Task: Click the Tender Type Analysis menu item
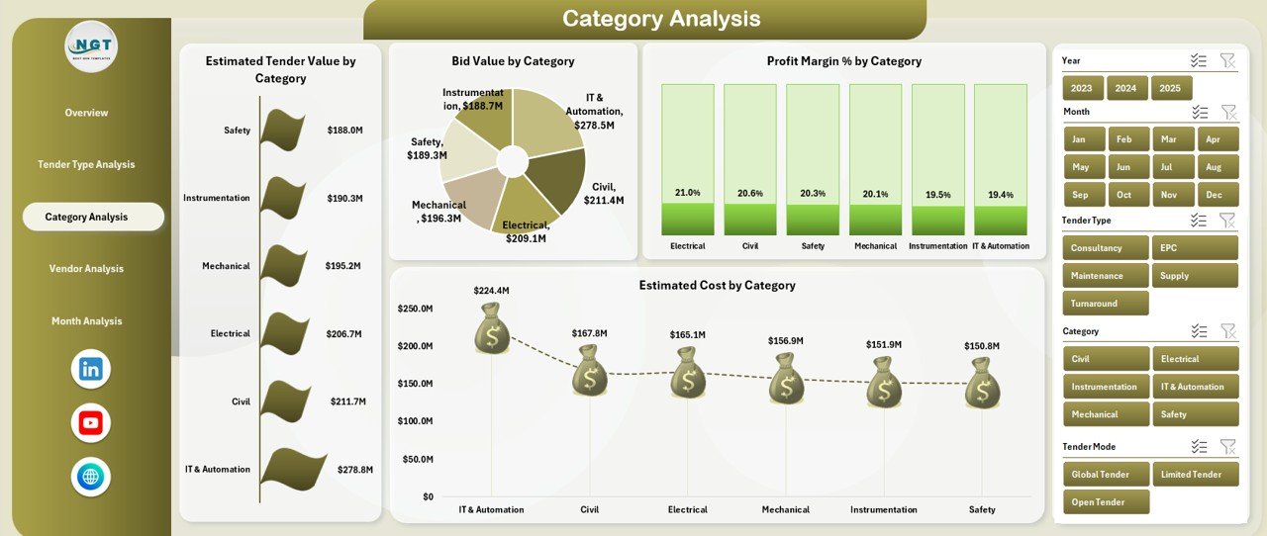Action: pyautogui.click(x=86, y=164)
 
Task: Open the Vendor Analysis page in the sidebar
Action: pyautogui.click(x=86, y=269)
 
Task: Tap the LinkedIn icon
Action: pyautogui.click(x=91, y=370)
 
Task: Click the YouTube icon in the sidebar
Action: pyautogui.click(x=91, y=423)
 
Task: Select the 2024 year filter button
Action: pyautogui.click(x=1125, y=88)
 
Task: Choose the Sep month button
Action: pyautogui.click(x=1081, y=195)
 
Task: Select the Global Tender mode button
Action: pyautogui.click(x=1106, y=475)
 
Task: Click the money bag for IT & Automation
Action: pyautogui.click(x=491, y=329)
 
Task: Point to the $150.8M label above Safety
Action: pyautogui.click(x=982, y=346)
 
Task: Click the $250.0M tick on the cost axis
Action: pyautogui.click(x=415, y=310)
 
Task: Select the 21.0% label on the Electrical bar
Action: pyautogui.click(x=687, y=193)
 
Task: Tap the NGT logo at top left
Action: pyautogui.click(x=91, y=46)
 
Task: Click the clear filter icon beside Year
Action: pyautogui.click(x=1227, y=61)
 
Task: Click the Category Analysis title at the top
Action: pyautogui.click(x=661, y=19)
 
